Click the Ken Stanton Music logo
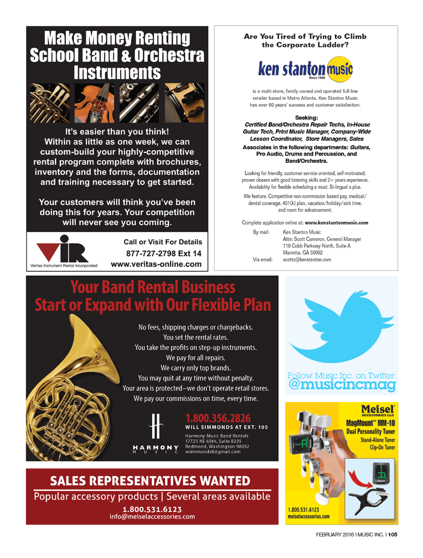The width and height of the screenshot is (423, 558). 305,69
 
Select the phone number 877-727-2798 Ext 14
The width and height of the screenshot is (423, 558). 164,253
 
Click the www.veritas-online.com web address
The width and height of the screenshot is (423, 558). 156,264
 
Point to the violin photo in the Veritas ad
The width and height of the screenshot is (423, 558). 94,103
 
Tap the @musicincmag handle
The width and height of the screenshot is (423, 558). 342,385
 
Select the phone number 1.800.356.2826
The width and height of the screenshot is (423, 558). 218,418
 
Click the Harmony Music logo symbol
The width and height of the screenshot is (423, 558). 156,426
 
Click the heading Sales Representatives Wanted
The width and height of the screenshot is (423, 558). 150,481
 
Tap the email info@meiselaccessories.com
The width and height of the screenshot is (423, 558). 152,517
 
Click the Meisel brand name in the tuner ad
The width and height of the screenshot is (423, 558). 377,409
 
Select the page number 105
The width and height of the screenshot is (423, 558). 393,534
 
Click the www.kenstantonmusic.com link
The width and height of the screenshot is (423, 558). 336,223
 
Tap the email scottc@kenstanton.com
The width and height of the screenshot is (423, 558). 307,260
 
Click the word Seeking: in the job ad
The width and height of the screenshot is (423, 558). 306,118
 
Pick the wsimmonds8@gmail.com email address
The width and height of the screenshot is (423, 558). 212,452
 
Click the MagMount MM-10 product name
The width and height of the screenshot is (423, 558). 370,423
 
